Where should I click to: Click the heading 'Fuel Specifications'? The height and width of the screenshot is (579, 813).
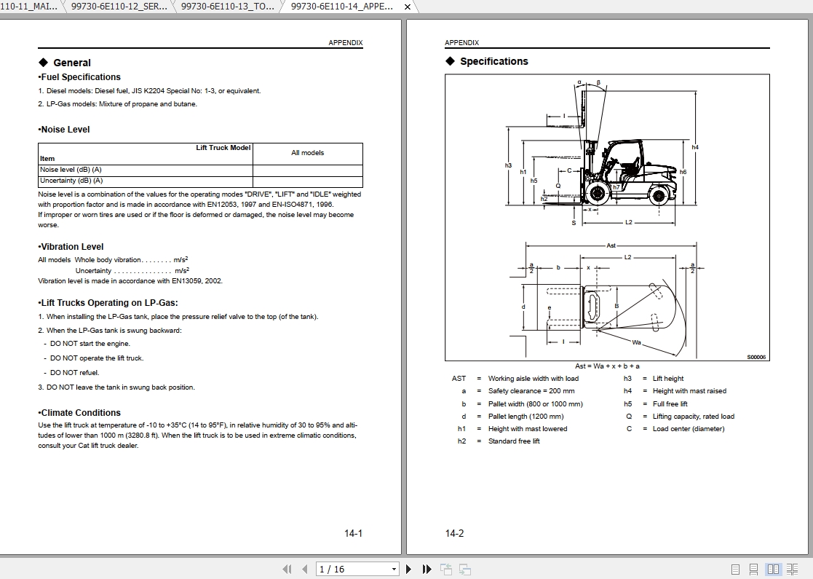pyautogui.click(x=80, y=77)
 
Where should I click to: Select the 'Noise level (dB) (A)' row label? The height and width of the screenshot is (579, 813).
pyautogui.click(x=71, y=170)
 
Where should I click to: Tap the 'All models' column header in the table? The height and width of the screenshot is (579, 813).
pyautogui.click(x=307, y=153)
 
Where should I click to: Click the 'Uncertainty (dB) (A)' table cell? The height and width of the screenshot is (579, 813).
pyautogui.click(x=71, y=181)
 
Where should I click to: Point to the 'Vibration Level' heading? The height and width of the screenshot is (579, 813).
pyautogui.click(x=72, y=247)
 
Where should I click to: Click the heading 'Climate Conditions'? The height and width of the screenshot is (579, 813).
pyautogui.click(x=80, y=413)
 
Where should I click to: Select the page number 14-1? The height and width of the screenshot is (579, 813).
pyautogui.click(x=353, y=534)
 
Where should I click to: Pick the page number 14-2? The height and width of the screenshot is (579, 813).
pyautogui.click(x=454, y=534)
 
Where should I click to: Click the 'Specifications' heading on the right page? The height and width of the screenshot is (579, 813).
pyautogui.click(x=493, y=62)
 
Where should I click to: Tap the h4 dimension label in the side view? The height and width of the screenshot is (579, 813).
pyautogui.click(x=695, y=148)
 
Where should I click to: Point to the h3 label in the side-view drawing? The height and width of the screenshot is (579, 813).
pyautogui.click(x=508, y=166)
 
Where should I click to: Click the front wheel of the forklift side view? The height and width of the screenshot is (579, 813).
pyautogui.click(x=598, y=194)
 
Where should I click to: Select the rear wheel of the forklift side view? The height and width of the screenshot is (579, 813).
pyautogui.click(x=659, y=194)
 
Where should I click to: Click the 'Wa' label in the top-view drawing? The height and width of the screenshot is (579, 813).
pyautogui.click(x=636, y=342)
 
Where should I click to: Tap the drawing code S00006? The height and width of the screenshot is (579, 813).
pyautogui.click(x=756, y=358)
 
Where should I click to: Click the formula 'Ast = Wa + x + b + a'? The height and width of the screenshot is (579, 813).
pyautogui.click(x=607, y=366)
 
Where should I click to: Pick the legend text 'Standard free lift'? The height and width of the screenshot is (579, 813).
pyautogui.click(x=514, y=441)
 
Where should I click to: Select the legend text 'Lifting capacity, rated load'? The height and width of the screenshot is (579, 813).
pyautogui.click(x=693, y=417)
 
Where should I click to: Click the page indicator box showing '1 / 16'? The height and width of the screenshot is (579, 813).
pyautogui.click(x=357, y=570)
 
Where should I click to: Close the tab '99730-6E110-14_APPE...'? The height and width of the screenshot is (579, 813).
pyautogui.click(x=408, y=7)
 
